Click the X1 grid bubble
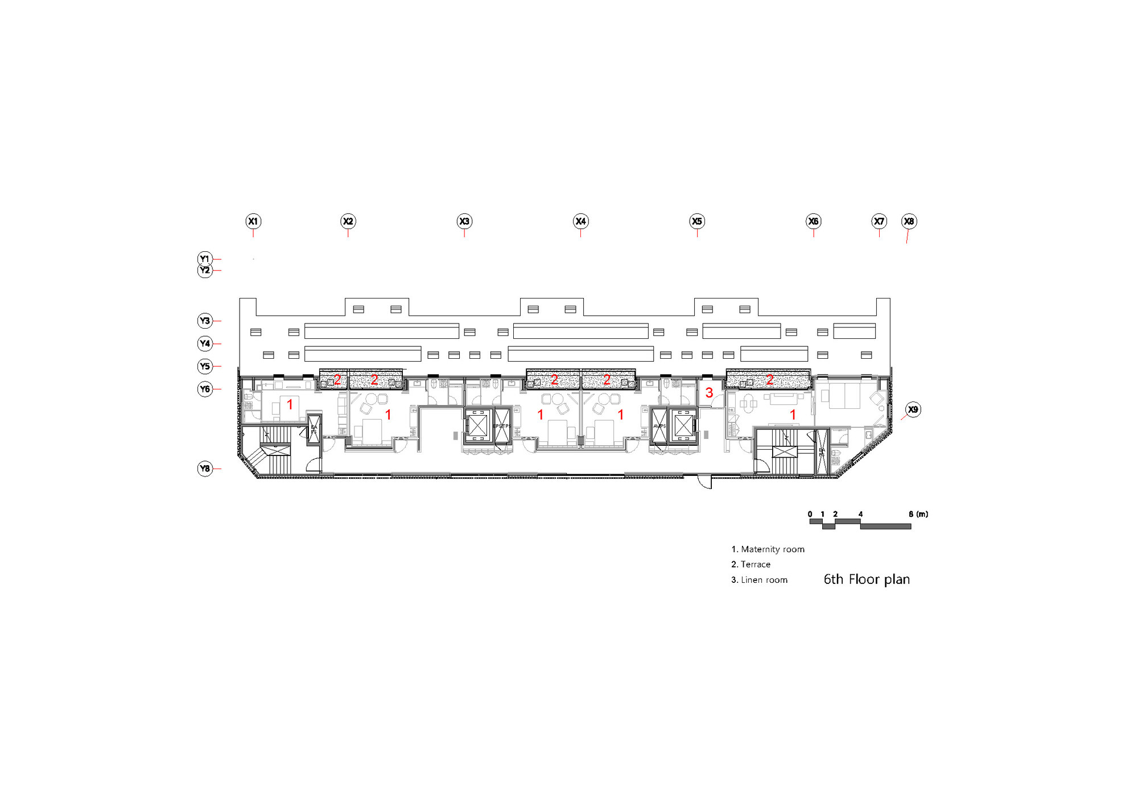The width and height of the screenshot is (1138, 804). (253, 221)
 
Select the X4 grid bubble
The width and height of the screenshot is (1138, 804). (580, 221)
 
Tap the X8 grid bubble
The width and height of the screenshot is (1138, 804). (909, 221)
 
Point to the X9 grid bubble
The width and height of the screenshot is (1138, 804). (913, 409)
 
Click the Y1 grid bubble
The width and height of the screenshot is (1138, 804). (205, 259)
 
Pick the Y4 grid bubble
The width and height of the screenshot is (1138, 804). (205, 343)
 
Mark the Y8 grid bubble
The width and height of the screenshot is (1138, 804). (205, 469)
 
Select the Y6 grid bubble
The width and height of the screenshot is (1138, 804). (205, 389)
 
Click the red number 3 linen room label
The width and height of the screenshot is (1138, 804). (709, 393)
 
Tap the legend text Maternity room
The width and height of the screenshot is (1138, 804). (772, 549)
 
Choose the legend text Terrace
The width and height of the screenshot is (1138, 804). (755, 565)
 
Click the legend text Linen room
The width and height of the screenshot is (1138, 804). (764, 580)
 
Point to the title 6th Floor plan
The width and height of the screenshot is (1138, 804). (867, 579)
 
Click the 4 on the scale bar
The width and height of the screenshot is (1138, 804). (860, 514)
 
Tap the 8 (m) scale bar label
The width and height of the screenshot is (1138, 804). (918, 514)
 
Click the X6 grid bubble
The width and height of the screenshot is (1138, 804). (813, 221)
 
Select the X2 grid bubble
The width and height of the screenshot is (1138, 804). (348, 221)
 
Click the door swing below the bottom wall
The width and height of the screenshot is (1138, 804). (706, 482)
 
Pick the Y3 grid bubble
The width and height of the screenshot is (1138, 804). (205, 321)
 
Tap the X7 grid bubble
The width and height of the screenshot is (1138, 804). (879, 221)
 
